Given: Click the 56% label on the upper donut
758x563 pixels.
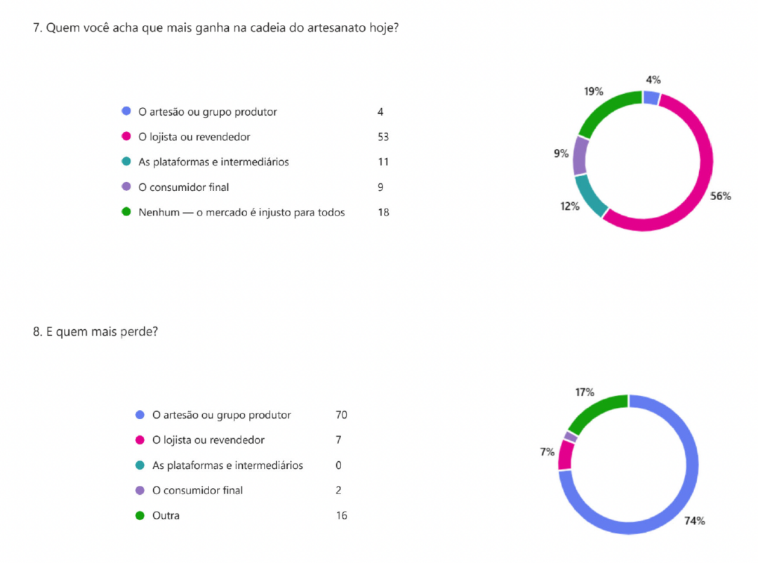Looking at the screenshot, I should click(720, 197).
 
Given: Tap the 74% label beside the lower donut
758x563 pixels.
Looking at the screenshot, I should click(695, 521).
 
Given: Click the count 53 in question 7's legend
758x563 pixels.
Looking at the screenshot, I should click(383, 137).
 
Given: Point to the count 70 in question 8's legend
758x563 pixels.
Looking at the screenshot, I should click(342, 415).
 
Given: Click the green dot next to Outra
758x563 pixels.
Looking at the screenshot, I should click(140, 516).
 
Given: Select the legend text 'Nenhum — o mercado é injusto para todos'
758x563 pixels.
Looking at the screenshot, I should click(241, 212).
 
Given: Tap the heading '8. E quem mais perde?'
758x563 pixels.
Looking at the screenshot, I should click(95, 332).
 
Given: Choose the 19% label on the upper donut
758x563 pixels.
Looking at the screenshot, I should click(594, 91).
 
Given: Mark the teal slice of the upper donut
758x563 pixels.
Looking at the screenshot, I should click(590, 197).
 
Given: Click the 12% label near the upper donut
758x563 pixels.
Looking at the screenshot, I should click(570, 206).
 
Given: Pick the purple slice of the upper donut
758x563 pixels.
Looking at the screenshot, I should click(580, 155).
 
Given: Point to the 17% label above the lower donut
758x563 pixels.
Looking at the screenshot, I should click(584, 392).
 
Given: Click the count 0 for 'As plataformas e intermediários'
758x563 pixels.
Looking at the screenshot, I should click(339, 465).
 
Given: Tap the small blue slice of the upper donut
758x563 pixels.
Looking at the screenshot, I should click(651, 98).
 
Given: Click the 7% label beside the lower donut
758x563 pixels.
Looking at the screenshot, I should click(547, 452).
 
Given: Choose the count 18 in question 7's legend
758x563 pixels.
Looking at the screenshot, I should click(383, 212).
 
